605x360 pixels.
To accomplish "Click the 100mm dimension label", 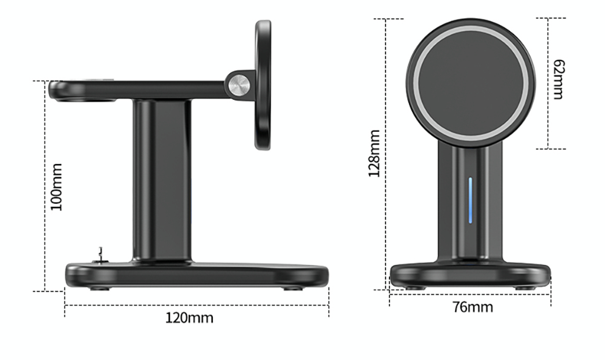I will pos(56,186).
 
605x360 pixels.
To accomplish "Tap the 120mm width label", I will pos(189,318).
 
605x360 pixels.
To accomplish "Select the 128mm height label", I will pos(374,153).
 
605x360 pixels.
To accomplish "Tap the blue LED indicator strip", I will pos(470,200).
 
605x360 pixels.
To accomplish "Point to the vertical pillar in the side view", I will pos(162,182).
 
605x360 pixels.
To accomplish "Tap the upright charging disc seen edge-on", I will pos(263,85).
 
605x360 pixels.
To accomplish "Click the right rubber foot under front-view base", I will pos(525,287).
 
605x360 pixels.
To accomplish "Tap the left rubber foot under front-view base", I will pos(414,287).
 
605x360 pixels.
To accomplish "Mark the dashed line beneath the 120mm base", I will pos(197,306).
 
